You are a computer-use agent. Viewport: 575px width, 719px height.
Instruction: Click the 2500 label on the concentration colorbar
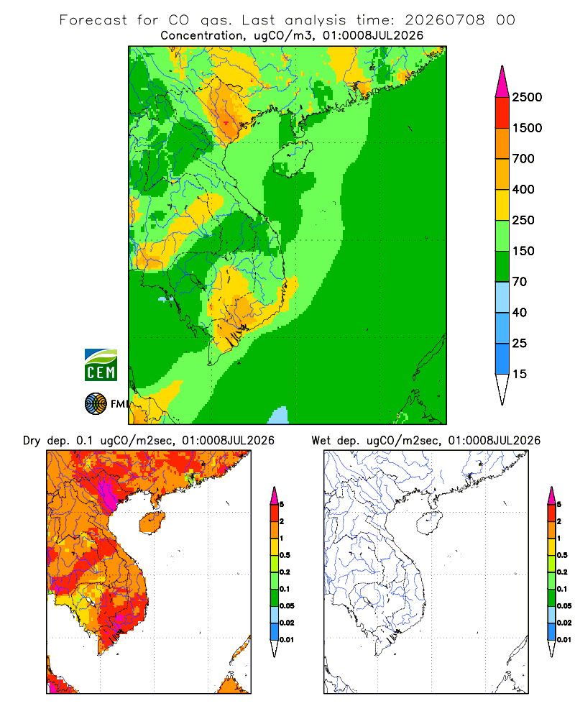click(527, 97)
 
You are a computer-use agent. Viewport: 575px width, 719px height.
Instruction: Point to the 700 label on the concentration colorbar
click(523, 159)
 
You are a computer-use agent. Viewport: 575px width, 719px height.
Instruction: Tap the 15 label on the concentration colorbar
click(520, 374)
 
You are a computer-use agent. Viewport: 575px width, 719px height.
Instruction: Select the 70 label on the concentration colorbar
click(520, 282)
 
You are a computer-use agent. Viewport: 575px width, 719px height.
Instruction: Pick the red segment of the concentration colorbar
click(502, 113)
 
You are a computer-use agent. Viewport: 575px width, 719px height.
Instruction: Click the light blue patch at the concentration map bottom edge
click(278, 416)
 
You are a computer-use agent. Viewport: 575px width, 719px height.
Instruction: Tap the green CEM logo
click(101, 365)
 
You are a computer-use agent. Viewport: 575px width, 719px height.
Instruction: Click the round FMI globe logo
click(96, 404)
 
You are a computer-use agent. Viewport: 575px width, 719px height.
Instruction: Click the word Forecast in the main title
click(93, 20)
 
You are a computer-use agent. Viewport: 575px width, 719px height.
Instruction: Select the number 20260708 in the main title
click(444, 20)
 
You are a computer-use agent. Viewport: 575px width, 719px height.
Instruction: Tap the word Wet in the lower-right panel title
click(321, 441)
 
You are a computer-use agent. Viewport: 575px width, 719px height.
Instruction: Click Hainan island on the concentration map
click(293, 158)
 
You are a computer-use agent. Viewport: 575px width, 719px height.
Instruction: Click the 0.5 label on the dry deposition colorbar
click(285, 555)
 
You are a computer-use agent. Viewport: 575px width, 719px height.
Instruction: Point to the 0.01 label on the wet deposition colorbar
click(564, 640)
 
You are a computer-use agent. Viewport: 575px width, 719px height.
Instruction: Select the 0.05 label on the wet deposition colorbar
click(564, 605)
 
